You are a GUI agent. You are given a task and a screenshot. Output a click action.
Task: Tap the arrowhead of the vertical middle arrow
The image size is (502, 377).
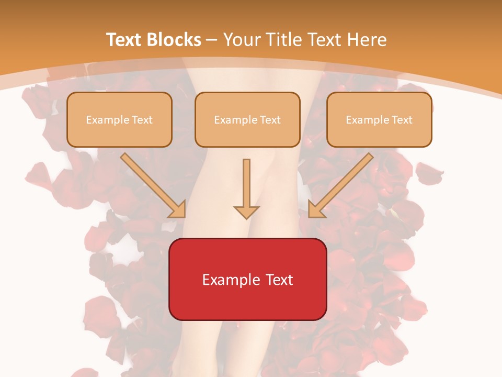246,212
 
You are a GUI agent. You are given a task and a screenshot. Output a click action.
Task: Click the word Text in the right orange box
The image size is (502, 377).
402,120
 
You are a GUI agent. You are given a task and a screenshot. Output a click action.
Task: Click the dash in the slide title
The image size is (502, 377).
212,40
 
